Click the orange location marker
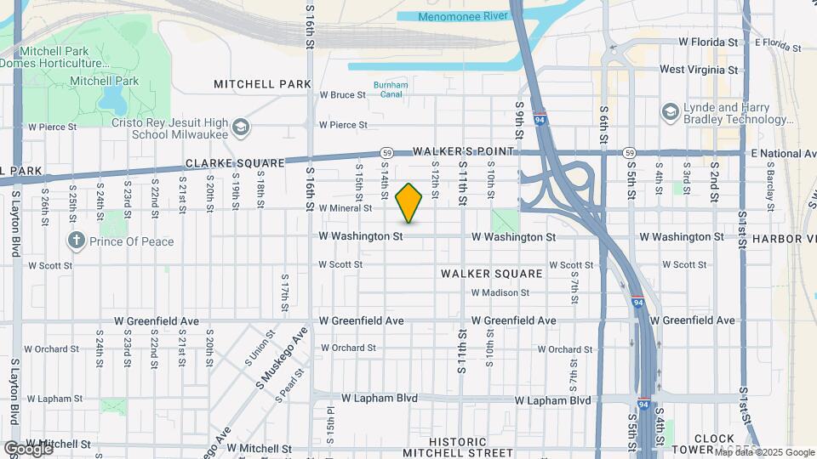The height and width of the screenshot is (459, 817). point(409,202)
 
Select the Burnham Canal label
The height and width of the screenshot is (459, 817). point(391,89)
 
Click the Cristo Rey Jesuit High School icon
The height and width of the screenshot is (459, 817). point(241,127)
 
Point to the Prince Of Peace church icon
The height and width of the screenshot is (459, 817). point(77,241)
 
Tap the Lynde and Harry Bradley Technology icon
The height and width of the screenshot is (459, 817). point(670,112)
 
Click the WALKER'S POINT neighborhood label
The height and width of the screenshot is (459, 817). point(463,151)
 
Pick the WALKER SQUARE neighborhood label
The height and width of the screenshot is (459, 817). point(491,274)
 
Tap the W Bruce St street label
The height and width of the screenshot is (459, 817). point(342,95)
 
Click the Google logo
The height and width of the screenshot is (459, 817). point(27,449)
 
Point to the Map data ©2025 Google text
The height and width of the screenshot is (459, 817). point(764,452)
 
